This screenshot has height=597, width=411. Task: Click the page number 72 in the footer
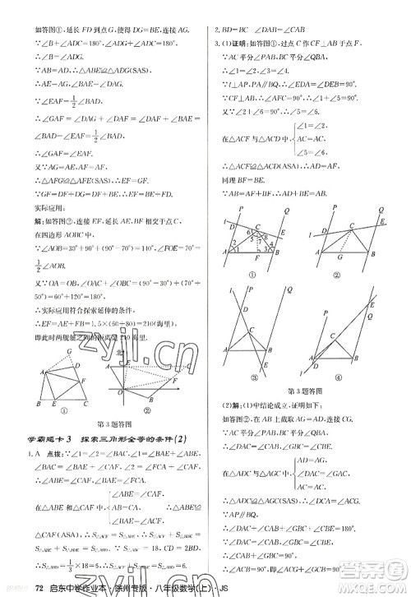click(16, 585)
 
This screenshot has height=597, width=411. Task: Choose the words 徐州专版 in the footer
click(109, 586)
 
